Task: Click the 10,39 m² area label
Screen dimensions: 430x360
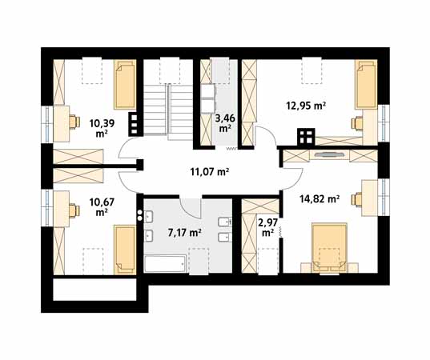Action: coord(102,128)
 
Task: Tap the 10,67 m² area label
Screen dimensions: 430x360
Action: coord(102,207)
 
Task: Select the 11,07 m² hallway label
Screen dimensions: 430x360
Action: coord(210,172)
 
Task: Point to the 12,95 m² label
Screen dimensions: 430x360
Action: coord(306,106)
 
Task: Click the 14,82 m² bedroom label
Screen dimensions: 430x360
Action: coord(319,198)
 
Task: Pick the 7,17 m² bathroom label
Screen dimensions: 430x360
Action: coord(184,233)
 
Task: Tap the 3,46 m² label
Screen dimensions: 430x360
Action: coord(224,123)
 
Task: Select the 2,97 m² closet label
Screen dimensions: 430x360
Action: coord(268,227)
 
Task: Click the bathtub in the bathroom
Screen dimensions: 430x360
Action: coord(166,263)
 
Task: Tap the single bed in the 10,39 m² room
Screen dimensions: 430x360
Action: coord(125,85)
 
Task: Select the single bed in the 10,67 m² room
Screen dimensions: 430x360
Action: coord(125,250)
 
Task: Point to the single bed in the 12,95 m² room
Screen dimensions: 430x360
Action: coord(366,85)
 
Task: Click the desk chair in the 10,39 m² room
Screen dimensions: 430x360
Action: coord(74,122)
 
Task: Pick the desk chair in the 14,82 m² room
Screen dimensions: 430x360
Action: coord(357,199)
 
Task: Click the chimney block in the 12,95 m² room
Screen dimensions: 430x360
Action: coord(306,136)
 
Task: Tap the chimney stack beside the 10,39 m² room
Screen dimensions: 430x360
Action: coord(134,124)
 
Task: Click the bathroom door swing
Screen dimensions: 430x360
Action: coord(191,207)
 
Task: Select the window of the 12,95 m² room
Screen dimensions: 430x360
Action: coord(384,123)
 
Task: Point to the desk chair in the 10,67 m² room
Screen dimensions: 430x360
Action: coord(74,210)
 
